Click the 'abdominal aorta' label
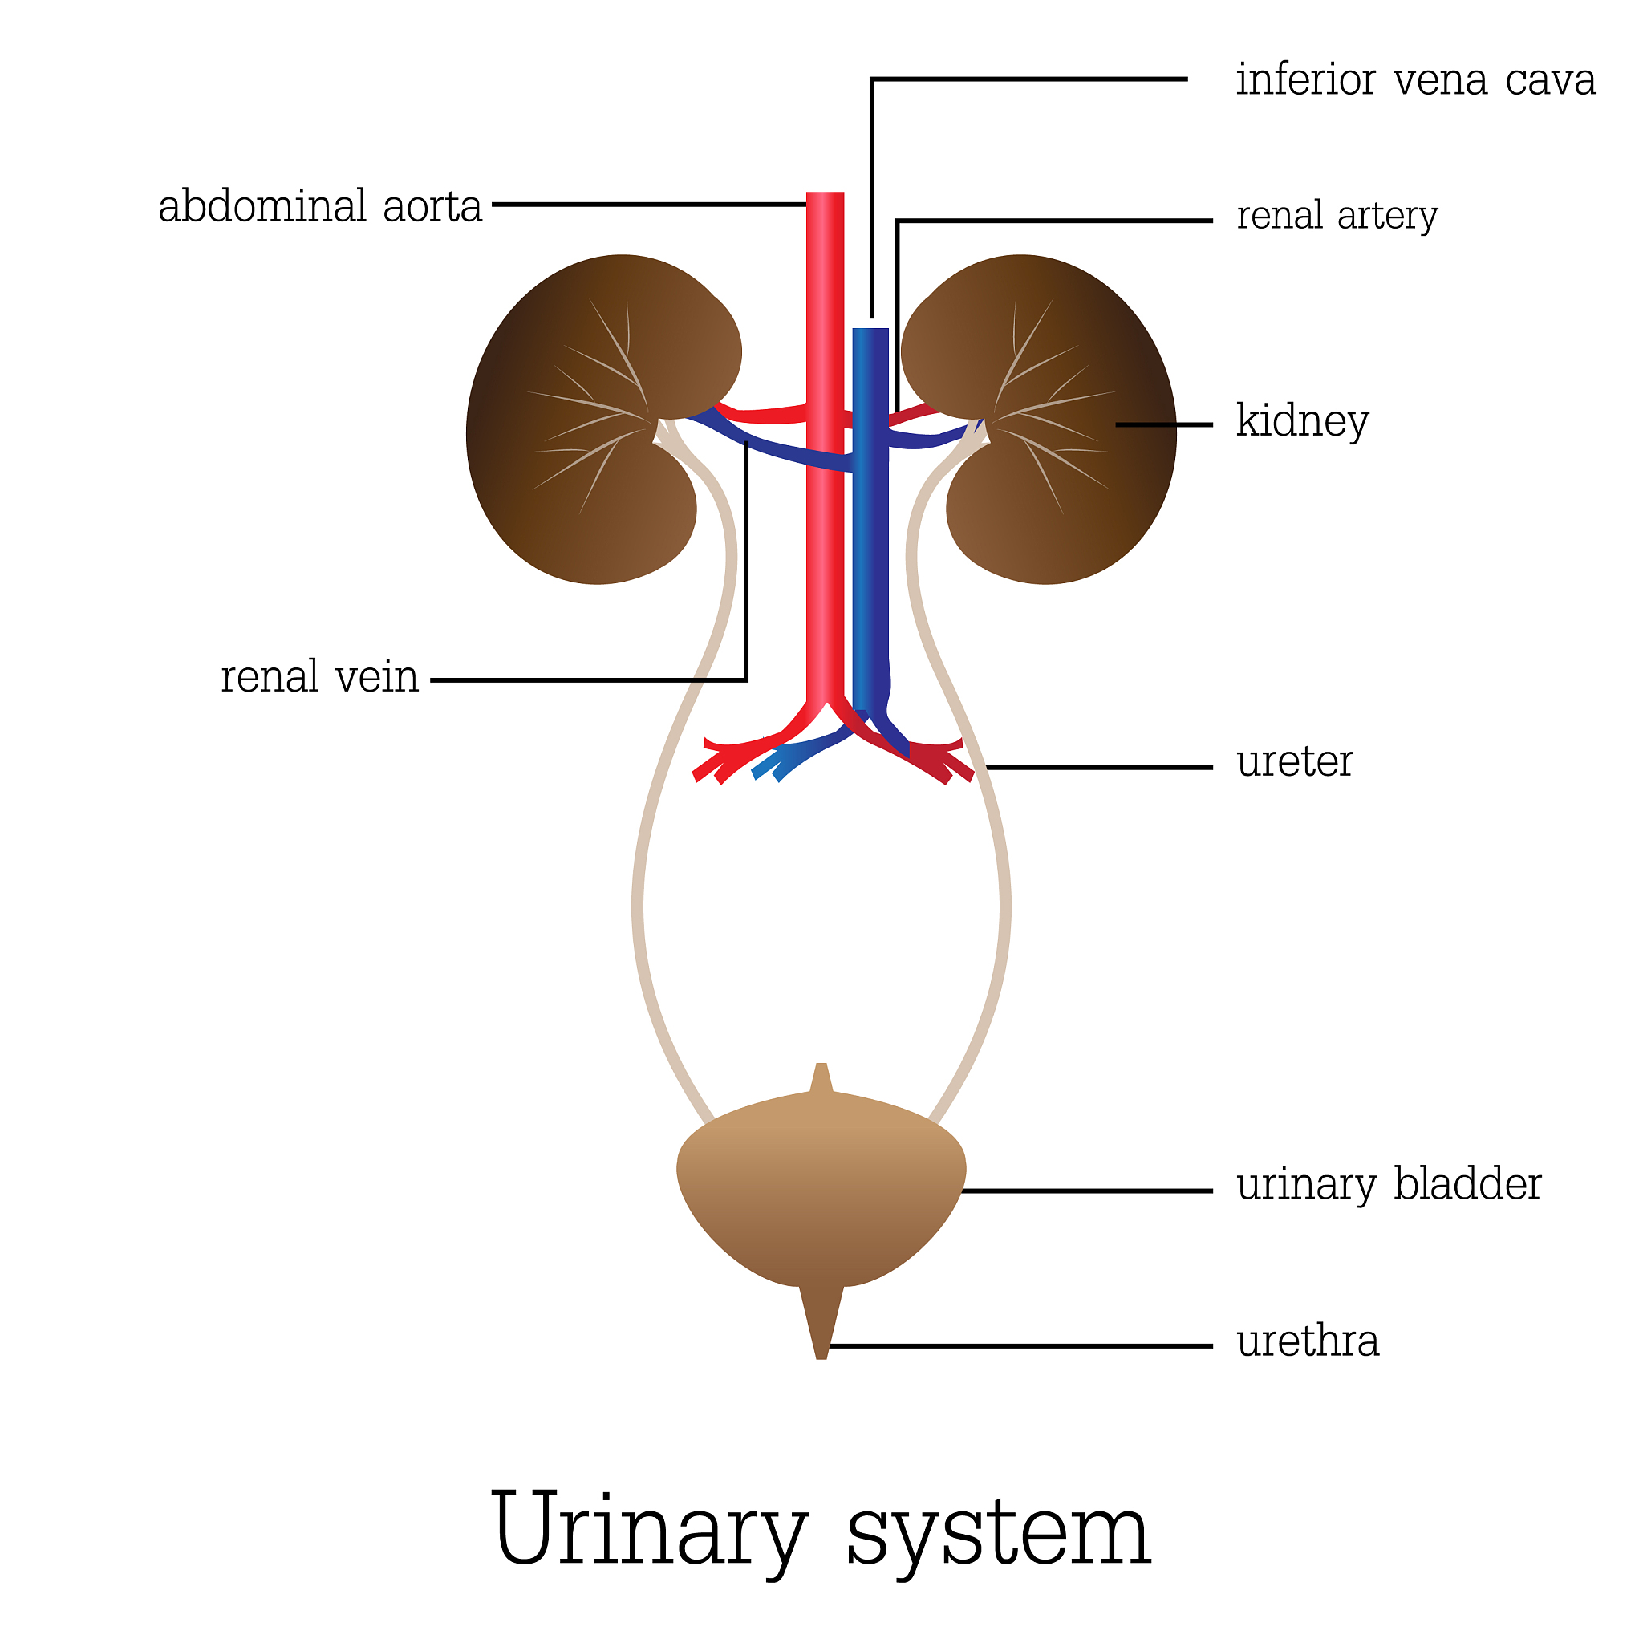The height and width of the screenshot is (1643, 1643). [320, 207]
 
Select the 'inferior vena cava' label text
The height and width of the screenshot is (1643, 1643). [1415, 81]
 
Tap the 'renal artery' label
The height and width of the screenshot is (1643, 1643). [1337, 215]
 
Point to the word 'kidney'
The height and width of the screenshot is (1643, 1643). [1302, 422]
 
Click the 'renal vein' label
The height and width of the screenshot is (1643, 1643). [320, 678]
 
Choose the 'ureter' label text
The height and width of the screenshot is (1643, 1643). [1294, 761]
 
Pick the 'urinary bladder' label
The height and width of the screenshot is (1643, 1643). [1389, 1185]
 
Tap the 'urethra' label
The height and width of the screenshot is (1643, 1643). [1307, 1341]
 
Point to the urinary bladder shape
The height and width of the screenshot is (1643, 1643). [821, 1191]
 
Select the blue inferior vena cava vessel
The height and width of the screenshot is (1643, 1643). [870, 553]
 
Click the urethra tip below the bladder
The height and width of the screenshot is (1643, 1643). [821, 1327]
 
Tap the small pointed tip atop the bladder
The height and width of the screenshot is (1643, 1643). [821, 1076]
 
